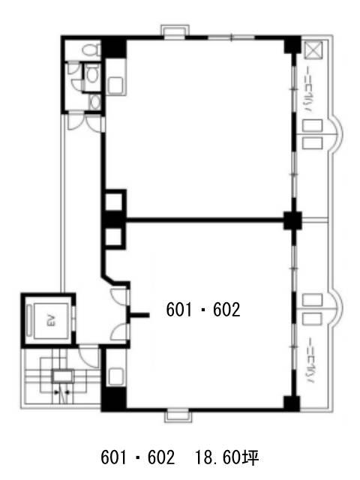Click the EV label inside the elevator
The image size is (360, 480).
[x=51, y=320]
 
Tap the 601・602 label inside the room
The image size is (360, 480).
[x=203, y=310]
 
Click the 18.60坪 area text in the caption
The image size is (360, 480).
[x=226, y=458]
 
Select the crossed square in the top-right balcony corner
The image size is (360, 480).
[x=313, y=51]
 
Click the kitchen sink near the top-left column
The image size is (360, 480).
[x=115, y=85]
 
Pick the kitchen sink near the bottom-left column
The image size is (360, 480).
[x=115, y=375]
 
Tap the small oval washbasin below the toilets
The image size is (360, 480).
[x=96, y=102]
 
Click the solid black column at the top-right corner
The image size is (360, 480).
[x=292, y=45]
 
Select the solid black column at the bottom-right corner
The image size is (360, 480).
[x=292, y=403]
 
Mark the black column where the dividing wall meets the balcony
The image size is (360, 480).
[x=292, y=220]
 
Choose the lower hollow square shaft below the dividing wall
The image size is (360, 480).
[x=113, y=238]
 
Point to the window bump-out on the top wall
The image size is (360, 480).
[x=175, y=32]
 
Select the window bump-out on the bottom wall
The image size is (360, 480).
[x=178, y=416]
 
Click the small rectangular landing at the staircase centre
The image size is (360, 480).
[x=63, y=376]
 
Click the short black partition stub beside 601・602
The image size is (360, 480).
[x=139, y=315]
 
